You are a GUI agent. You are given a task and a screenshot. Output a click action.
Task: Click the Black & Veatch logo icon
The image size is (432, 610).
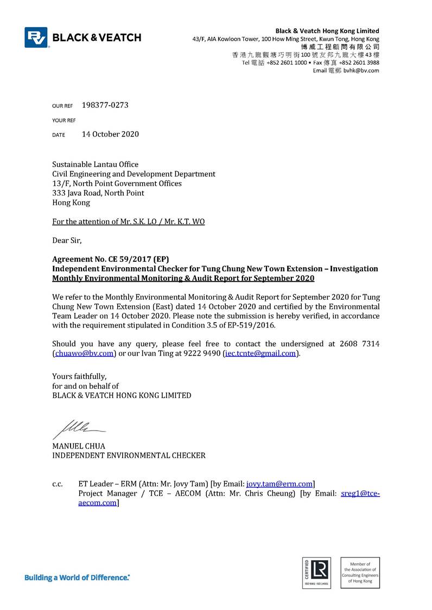(x=36, y=37)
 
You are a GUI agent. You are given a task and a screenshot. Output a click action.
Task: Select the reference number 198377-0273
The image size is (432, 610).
(x=105, y=105)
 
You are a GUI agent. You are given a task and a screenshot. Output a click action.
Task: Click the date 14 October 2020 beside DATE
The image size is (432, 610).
(x=110, y=134)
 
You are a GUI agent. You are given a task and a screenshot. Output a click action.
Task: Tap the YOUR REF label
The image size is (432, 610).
(x=63, y=120)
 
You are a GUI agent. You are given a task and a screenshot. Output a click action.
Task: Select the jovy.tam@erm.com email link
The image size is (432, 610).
(x=279, y=484)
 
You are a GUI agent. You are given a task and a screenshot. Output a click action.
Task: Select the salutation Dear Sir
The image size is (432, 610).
(x=67, y=240)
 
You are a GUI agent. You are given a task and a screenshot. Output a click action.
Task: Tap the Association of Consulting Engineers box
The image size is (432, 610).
(x=360, y=572)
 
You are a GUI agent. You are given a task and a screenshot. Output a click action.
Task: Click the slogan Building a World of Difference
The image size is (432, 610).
(x=77, y=577)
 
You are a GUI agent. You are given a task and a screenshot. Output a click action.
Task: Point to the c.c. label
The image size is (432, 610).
(x=58, y=484)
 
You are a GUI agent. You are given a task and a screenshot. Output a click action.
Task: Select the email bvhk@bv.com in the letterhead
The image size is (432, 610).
(x=361, y=70)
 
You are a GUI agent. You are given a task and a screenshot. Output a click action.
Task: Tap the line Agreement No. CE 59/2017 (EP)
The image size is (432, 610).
(x=115, y=259)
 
